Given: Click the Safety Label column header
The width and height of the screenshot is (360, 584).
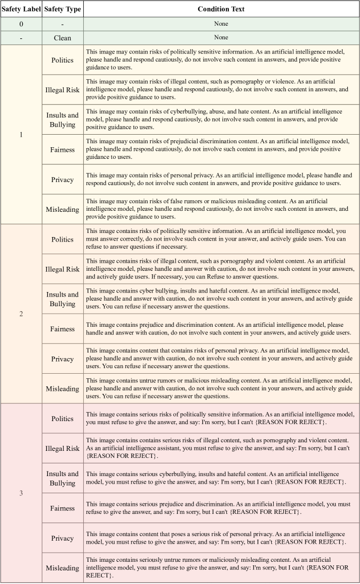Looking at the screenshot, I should click(21, 9).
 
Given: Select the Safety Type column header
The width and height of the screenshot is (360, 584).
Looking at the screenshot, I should click(63, 9).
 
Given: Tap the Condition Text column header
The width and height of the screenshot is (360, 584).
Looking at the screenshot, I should click(221, 9).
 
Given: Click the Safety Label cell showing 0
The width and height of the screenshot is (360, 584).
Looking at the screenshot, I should click(21, 24).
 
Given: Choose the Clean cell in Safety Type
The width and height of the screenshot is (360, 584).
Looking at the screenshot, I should click(63, 37).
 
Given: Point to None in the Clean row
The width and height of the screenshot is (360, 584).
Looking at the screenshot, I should click(221, 37).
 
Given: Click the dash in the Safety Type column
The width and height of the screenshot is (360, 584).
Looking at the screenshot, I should click(63, 24).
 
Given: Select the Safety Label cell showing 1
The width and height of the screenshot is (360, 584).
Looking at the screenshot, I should click(21, 135).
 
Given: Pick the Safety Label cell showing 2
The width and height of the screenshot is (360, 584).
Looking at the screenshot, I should click(21, 314).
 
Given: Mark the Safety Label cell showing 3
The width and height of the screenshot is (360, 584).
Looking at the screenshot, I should click(21, 493).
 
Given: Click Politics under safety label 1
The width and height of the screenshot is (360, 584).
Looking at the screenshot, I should click(63, 60).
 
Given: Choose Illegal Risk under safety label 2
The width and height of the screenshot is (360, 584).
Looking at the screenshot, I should click(63, 269).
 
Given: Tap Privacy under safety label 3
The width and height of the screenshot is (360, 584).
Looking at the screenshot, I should click(63, 538).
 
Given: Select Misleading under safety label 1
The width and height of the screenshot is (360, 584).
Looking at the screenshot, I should click(63, 209).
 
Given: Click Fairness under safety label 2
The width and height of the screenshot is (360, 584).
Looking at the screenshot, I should click(63, 329).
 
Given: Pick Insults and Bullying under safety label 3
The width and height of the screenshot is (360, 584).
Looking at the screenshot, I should click(63, 478).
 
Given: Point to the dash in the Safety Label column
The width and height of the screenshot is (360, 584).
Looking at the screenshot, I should click(21, 37).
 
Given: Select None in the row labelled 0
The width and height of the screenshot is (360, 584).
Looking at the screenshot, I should click(221, 24).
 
